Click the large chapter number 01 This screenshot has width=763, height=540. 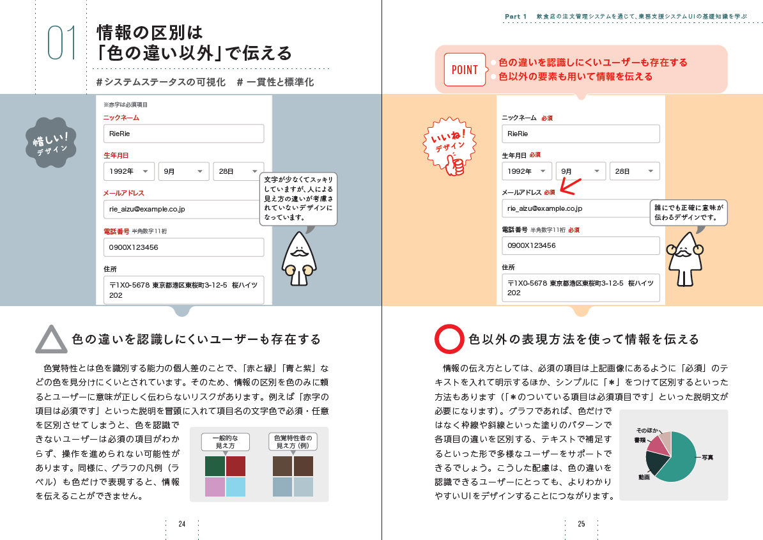tap(62, 43)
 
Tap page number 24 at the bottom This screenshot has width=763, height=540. tap(181, 524)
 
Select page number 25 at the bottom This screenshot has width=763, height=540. tap(582, 524)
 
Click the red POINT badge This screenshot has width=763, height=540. tap(465, 70)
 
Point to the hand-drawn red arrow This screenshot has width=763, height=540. tap(570, 185)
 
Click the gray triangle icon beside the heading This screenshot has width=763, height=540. tap(51, 340)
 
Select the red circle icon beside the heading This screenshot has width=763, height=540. tap(449, 339)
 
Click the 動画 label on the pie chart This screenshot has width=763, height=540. tap(644, 477)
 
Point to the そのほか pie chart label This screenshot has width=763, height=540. tap(647, 431)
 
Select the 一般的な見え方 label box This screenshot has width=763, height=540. tap(225, 442)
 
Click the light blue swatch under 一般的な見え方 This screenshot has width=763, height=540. tap(236, 487)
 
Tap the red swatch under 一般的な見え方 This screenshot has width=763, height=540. tap(236, 466)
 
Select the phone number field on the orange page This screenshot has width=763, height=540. tap(580, 245)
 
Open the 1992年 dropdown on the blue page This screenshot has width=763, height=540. tap(129, 171)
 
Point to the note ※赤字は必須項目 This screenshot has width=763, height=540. tap(125, 104)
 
